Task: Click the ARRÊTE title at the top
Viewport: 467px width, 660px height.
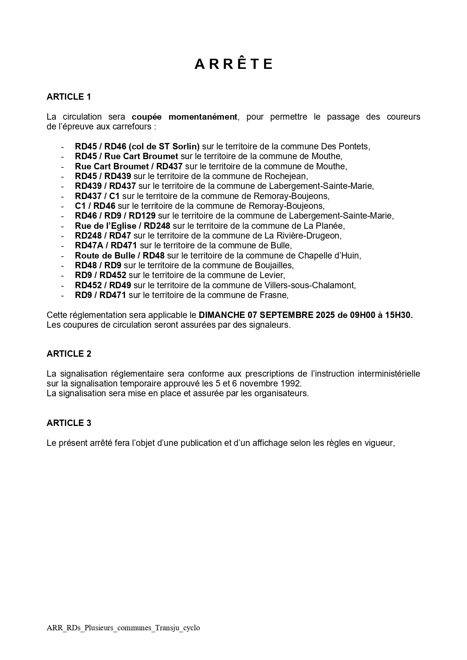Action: [x=233, y=64]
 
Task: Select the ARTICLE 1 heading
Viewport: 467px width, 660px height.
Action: [x=69, y=97]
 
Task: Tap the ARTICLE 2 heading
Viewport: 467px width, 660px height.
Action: [x=69, y=354]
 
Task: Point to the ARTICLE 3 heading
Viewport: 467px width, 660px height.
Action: [x=69, y=423]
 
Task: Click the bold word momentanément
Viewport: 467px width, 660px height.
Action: [x=203, y=117]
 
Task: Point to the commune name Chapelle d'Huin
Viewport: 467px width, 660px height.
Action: [x=329, y=255]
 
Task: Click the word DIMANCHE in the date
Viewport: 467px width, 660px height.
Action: [x=221, y=315]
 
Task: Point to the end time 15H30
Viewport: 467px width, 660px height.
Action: [x=399, y=315]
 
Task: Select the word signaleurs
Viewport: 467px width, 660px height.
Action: [x=269, y=325]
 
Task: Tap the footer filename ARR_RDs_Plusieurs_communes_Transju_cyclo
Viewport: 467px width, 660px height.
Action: [x=123, y=628]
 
